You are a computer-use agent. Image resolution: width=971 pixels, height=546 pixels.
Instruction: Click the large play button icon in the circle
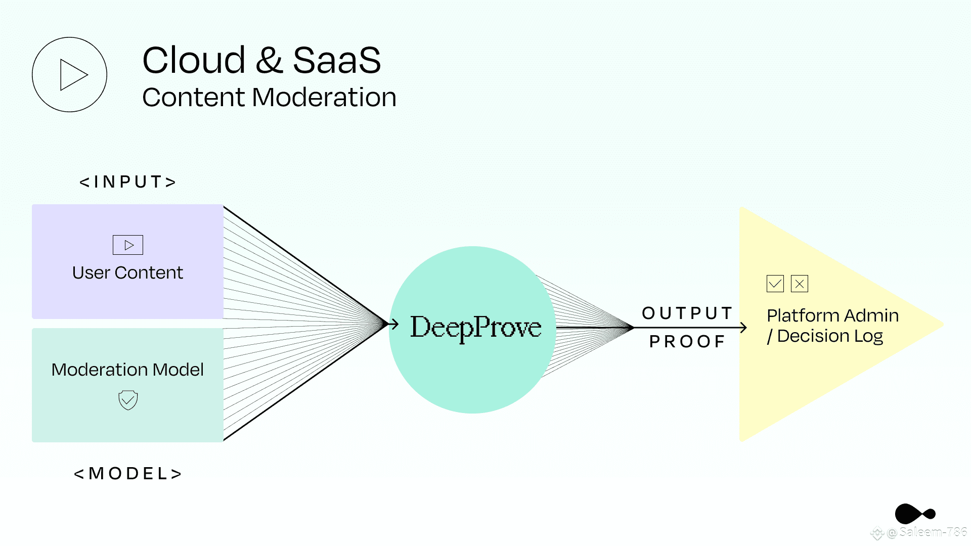click(70, 74)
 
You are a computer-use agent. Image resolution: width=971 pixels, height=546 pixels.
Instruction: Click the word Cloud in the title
click(194, 60)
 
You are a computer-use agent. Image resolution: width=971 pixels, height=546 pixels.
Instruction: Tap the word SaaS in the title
click(337, 60)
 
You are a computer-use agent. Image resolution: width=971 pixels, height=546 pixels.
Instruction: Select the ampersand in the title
click(269, 60)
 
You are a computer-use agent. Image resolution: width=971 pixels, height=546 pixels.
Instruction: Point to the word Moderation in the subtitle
click(324, 97)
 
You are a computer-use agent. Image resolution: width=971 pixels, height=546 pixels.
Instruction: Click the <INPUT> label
click(127, 181)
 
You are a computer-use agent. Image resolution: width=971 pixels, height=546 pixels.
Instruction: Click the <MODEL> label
click(127, 474)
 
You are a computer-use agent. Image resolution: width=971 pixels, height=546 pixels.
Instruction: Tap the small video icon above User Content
click(128, 245)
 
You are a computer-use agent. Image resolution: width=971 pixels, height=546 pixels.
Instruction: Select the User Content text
click(127, 272)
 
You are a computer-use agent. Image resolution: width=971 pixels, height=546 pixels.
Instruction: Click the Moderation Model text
click(127, 370)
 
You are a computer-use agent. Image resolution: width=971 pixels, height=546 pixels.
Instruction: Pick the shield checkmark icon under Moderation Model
click(128, 400)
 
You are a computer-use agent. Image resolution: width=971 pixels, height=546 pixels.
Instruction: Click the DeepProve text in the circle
click(476, 328)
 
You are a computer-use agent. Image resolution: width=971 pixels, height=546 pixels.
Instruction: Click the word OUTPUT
click(687, 313)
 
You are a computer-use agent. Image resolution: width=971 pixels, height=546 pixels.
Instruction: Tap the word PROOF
click(687, 342)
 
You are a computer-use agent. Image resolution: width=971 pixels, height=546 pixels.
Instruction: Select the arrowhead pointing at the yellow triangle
click(743, 328)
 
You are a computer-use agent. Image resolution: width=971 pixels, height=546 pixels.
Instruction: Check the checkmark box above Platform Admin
click(775, 284)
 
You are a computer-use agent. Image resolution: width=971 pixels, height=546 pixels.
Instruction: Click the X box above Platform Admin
click(800, 284)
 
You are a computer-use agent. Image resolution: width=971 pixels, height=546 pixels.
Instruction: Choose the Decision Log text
click(830, 336)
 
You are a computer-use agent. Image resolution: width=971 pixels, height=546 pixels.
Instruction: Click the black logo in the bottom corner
click(915, 514)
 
